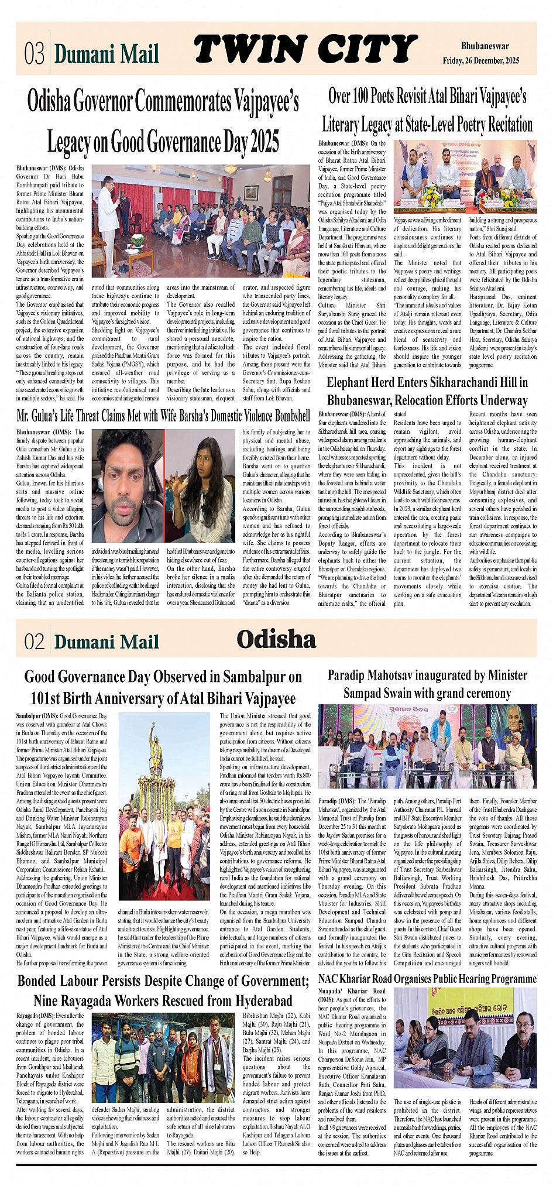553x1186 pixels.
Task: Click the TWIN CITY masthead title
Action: point(305,49)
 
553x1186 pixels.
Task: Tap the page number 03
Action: point(34,54)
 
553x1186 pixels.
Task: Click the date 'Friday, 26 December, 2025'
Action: point(480,61)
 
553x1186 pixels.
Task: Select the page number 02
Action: point(34,642)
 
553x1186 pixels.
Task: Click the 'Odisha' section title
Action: point(276,639)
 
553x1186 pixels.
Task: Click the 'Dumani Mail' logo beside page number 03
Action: point(107,54)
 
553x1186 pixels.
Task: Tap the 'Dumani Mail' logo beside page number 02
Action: point(107,642)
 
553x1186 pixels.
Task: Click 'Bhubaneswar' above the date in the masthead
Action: point(485,46)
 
